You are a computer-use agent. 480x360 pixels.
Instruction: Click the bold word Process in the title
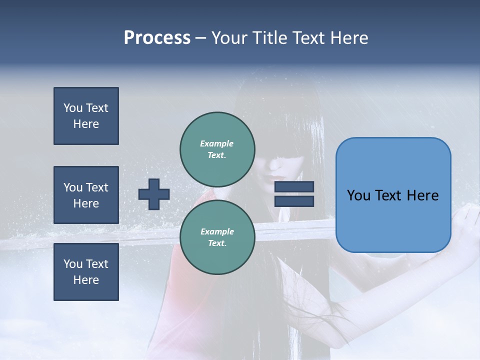point(157,38)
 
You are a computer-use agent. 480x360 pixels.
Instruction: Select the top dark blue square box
point(86,116)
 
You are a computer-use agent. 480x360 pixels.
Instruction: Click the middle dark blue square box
point(86,195)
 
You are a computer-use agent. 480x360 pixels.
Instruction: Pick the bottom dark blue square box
point(86,272)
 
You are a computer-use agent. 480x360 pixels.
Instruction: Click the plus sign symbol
point(154,194)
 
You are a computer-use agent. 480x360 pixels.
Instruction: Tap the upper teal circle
point(217,149)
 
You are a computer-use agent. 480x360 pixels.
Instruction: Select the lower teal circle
point(217,237)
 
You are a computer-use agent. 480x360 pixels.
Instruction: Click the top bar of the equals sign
point(294,187)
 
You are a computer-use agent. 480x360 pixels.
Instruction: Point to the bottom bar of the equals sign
point(294,201)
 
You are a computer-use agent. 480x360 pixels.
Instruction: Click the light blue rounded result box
point(393,195)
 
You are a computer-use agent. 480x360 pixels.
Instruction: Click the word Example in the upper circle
point(217,143)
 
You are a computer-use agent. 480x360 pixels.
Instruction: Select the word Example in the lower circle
point(217,231)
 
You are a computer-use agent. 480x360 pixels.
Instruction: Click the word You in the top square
point(73,108)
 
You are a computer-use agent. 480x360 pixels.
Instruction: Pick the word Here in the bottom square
point(86,280)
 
